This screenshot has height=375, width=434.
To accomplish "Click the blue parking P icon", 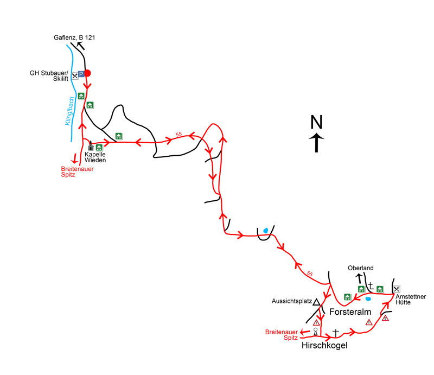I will [x=81, y=74].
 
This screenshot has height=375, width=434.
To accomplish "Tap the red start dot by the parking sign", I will [x=87, y=73].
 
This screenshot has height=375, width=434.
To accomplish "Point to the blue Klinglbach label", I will [x=69, y=112].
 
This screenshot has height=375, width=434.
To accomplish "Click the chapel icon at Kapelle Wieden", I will [x=91, y=147].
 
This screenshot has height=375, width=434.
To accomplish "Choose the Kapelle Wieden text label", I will [x=95, y=157].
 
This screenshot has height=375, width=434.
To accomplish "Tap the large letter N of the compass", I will [x=316, y=122].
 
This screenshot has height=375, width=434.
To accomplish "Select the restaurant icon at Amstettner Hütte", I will [x=397, y=289].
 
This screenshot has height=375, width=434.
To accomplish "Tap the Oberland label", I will [x=361, y=268].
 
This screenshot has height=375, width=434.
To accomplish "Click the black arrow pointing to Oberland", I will [x=359, y=277].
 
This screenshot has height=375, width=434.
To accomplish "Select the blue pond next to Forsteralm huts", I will [x=368, y=298].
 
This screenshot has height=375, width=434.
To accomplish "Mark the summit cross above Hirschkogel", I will [x=335, y=332].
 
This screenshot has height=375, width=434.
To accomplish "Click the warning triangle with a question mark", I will [x=386, y=318].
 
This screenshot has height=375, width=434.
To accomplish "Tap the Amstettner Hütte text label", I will [x=411, y=299].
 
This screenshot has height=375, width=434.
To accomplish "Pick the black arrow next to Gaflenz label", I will [x=80, y=46].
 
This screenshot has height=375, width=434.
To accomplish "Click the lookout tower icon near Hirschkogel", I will [x=315, y=331].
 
